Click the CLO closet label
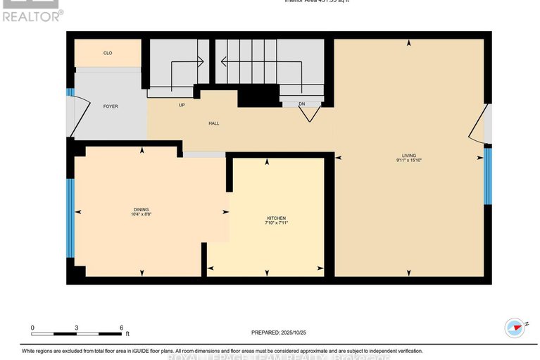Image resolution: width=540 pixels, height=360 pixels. tap(108, 54)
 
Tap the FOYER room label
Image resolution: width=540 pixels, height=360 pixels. tap(111, 106)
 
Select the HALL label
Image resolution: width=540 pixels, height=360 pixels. tap(213, 123)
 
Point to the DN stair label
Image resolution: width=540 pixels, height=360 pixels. tap(301, 104)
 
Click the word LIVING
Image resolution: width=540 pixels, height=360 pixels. tap(409, 155)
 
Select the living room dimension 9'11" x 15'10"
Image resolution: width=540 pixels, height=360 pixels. tap(409, 161)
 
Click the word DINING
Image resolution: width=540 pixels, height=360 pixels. tap(142, 209)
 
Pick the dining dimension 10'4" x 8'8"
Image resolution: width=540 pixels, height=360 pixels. tap(142, 215)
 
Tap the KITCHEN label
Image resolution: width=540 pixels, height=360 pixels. tap(276, 218)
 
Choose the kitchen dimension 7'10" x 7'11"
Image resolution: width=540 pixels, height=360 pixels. tap(276, 223)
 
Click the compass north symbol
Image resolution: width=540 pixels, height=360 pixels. tap(515, 327)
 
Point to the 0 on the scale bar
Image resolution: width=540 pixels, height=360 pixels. tap(32, 328)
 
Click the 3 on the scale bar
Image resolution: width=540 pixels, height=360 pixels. tap(77, 328)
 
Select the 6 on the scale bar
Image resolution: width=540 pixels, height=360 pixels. tap(122, 328)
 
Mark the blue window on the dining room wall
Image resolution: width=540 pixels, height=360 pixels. tap(70, 218)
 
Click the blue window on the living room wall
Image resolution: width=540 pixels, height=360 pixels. tap(487, 176)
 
